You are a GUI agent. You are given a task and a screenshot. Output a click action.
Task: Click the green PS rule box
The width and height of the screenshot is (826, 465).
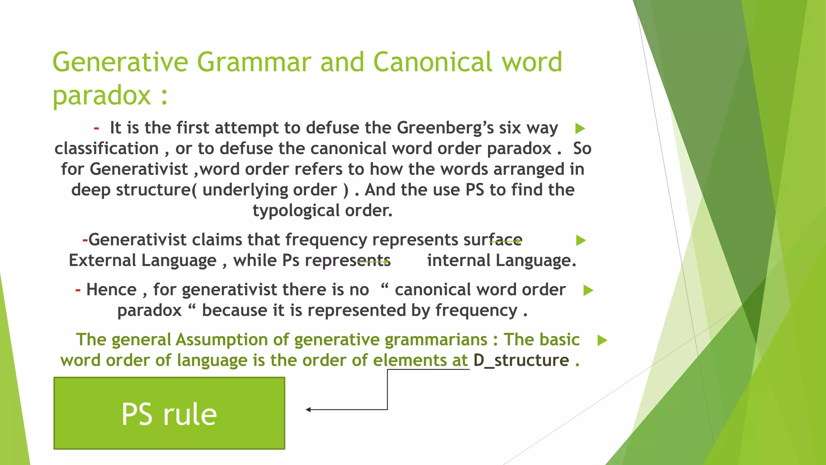(x=169, y=413)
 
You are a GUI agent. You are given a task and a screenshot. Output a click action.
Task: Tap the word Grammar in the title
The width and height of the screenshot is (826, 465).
(x=254, y=62)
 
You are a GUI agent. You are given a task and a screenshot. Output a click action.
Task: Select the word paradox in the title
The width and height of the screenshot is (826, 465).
(x=102, y=96)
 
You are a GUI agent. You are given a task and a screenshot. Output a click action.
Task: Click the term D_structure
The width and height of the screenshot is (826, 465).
(x=521, y=360)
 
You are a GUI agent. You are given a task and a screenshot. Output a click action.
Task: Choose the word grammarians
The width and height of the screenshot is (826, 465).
(x=436, y=339)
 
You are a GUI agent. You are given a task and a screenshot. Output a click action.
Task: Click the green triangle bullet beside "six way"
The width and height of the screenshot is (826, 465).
(x=580, y=129)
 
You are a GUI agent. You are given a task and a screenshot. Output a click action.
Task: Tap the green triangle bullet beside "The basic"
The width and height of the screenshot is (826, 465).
(x=602, y=340)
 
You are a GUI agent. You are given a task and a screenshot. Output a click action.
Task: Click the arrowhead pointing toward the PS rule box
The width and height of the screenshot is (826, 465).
(x=308, y=410)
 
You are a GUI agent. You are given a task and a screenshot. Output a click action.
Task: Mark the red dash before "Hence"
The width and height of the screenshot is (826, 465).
(x=78, y=290)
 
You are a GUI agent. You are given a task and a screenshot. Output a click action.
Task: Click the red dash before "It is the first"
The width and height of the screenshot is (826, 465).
(x=96, y=128)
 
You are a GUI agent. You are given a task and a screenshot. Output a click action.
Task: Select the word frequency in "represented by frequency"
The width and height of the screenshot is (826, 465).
(x=476, y=310)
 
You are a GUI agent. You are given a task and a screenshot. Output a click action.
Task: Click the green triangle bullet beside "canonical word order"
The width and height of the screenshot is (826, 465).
(x=588, y=290)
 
